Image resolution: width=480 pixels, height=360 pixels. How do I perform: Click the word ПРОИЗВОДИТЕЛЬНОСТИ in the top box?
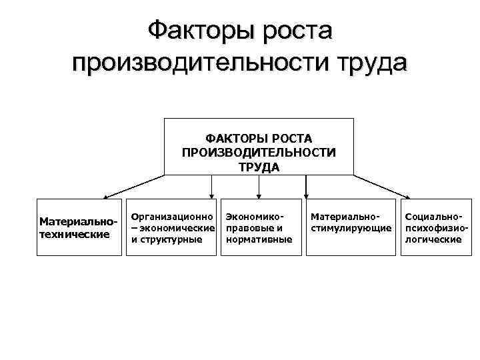point(259,152)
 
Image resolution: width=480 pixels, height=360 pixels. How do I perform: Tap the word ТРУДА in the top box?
point(259,166)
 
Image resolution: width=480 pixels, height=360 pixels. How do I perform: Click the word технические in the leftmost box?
point(75,234)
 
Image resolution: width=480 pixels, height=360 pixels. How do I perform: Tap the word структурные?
point(171,239)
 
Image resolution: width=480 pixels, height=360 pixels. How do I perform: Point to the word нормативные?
point(259,239)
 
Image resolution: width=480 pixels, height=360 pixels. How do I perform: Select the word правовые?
point(249,228)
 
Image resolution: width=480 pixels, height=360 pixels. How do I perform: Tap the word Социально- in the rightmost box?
point(433,217)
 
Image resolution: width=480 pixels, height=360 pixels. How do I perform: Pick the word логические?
point(433,239)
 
